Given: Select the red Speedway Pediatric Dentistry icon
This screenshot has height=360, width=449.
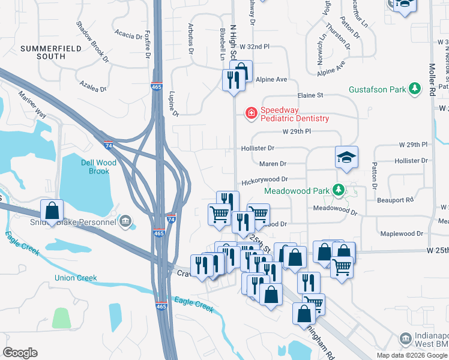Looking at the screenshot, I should click(250, 112).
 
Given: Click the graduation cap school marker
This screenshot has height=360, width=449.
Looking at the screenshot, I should click(346, 157).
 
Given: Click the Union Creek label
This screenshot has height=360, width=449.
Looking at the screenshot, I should click(76, 278).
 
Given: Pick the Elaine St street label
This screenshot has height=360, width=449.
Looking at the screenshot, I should click(310, 95).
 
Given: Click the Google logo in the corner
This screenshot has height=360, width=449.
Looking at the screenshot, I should click(20, 353).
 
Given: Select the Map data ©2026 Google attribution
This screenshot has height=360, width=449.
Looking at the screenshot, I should click(412, 355).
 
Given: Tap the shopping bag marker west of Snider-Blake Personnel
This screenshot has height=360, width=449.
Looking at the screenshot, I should click(52, 211).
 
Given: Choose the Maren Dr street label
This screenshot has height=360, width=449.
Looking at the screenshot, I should click(273, 163).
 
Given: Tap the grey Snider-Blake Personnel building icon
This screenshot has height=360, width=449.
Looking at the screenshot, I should click(125, 221).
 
